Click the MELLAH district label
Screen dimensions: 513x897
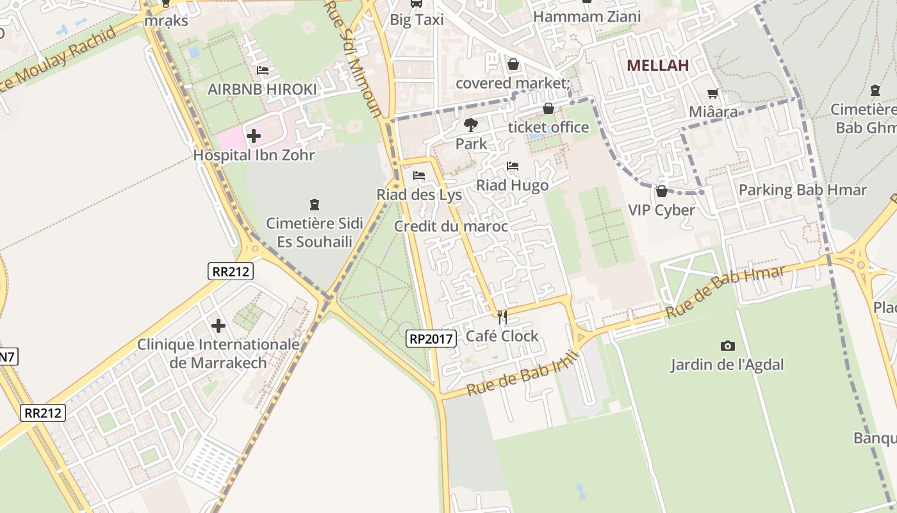pyautogui.click(x=657, y=65)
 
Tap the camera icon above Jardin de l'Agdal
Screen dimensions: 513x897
pyautogui.click(x=727, y=346)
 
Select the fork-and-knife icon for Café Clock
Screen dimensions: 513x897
pyautogui.click(x=502, y=317)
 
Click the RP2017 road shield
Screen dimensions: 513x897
pyautogui.click(x=431, y=339)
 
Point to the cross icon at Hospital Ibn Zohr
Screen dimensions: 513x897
pyautogui.click(x=254, y=136)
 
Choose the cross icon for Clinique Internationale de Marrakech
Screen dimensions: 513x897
pyautogui.click(x=218, y=326)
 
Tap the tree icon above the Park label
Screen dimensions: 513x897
pyautogui.click(x=471, y=125)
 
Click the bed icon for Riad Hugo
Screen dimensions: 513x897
pyautogui.click(x=513, y=166)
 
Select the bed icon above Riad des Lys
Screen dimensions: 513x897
pyautogui.click(x=419, y=175)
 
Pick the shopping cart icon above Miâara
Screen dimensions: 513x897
pyautogui.click(x=712, y=93)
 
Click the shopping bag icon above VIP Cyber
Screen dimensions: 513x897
pyautogui.click(x=661, y=191)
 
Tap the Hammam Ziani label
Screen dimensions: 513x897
pyautogui.click(x=587, y=17)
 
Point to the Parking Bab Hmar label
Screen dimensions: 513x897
pyautogui.click(x=802, y=190)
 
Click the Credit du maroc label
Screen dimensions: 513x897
pyautogui.click(x=450, y=226)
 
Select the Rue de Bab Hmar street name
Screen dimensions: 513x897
pyautogui.click(x=725, y=292)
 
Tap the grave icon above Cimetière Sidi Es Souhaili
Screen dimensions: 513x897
pyautogui.click(x=314, y=205)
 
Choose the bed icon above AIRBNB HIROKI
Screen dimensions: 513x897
pyautogui.click(x=262, y=71)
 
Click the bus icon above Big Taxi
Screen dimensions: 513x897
pyautogui.click(x=416, y=3)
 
